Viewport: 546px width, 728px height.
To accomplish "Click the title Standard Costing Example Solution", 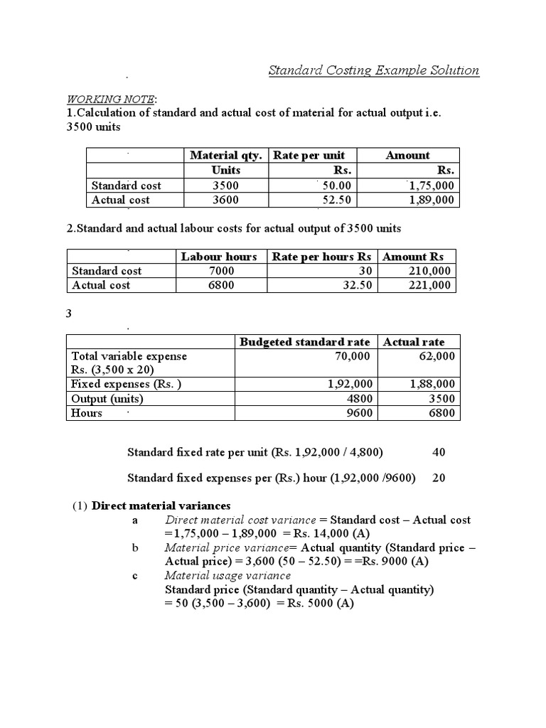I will point(373,70).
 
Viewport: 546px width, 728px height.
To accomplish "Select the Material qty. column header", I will point(226,155).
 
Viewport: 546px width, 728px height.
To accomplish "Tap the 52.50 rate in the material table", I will point(336,200).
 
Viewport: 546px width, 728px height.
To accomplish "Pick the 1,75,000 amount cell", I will point(432,186).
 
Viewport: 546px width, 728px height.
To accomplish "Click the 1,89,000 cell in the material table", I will point(432,200).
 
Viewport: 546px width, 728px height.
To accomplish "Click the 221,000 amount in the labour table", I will point(430,285).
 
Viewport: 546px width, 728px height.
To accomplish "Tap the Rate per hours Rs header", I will point(321,257).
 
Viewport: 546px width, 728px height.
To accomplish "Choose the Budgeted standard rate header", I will point(305,342).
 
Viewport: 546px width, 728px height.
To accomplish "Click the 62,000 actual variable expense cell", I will point(437,356).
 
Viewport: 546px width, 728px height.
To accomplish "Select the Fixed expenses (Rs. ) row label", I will point(127,384).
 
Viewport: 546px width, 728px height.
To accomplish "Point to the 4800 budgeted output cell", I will point(359,399).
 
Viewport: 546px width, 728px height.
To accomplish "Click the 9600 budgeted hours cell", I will point(359,413).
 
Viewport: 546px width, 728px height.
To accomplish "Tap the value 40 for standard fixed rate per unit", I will point(439,452).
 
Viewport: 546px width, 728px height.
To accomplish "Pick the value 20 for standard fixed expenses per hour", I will point(439,478).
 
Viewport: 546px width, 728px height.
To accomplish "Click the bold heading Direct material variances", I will point(161,505).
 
